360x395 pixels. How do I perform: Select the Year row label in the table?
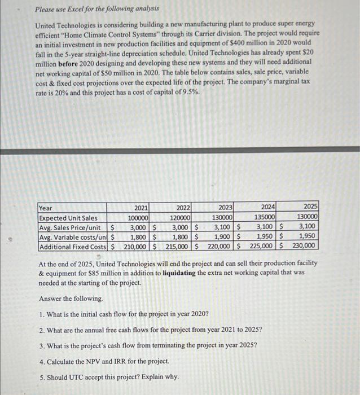click(46, 208)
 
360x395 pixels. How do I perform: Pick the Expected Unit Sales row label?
click(68, 218)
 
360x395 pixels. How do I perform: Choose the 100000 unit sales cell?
click(138, 218)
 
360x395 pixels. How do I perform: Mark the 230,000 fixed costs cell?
click(305, 246)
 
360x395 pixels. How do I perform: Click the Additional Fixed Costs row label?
click(72, 246)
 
